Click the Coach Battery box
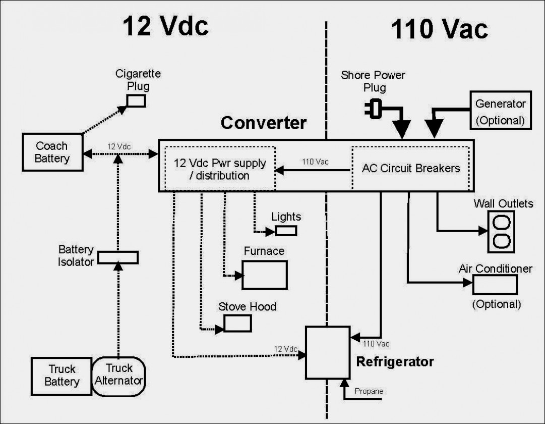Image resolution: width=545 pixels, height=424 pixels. pyautogui.click(x=52, y=152)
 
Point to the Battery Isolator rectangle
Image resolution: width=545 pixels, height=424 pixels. pyautogui.click(x=117, y=257)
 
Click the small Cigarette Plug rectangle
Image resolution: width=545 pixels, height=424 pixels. pyautogui.click(x=136, y=100)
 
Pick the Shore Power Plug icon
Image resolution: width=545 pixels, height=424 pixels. pyautogui.click(x=373, y=109)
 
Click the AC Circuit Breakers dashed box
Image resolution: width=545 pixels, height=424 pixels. pyautogui.click(x=410, y=168)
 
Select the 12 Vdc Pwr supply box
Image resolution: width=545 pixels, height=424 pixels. pyautogui.click(x=220, y=169)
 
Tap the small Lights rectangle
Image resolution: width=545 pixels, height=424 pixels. pyautogui.click(x=286, y=231)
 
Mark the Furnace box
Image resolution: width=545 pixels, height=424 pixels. pyautogui.click(x=265, y=275)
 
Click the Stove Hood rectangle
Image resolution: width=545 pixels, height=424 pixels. pyautogui.click(x=237, y=323)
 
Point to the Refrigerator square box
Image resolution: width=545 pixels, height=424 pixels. pyautogui.click(x=328, y=352)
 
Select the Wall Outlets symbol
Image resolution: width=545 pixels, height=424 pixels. pyautogui.click(x=501, y=231)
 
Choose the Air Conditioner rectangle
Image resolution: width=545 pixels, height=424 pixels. pyautogui.click(x=495, y=285)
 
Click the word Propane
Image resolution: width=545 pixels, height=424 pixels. pyautogui.click(x=369, y=391)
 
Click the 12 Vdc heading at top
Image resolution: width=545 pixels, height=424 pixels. pyautogui.click(x=165, y=26)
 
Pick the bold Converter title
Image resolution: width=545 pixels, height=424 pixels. pyautogui.click(x=263, y=123)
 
